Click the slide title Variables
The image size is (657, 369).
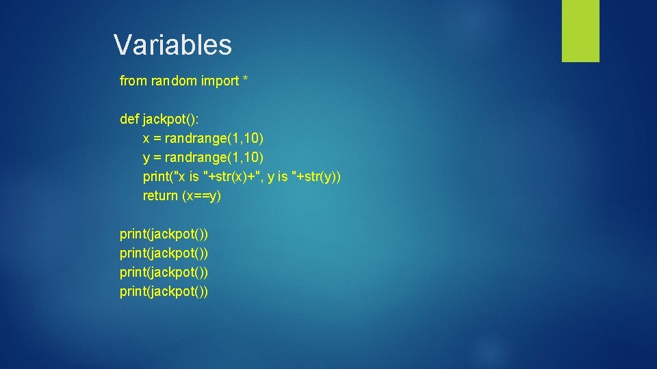(x=172, y=45)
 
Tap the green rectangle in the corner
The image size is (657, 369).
(x=580, y=31)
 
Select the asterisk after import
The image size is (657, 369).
(x=245, y=81)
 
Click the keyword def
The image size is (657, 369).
(x=129, y=120)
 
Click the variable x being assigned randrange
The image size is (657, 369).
(x=146, y=139)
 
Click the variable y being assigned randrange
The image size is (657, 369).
(x=146, y=159)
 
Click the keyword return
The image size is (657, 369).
(x=160, y=196)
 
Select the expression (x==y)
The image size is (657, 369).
(x=202, y=196)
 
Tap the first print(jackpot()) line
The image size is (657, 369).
(x=164, y=234)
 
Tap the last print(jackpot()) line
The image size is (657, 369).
(x=164, y=292)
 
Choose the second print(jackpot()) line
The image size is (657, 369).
(x=164, y=254)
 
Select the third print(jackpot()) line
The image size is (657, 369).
(x=164, y=273)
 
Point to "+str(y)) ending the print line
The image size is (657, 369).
(x=316, y=177)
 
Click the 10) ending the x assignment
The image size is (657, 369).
(x=253, y=139)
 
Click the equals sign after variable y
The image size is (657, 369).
(x=157, y=159)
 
